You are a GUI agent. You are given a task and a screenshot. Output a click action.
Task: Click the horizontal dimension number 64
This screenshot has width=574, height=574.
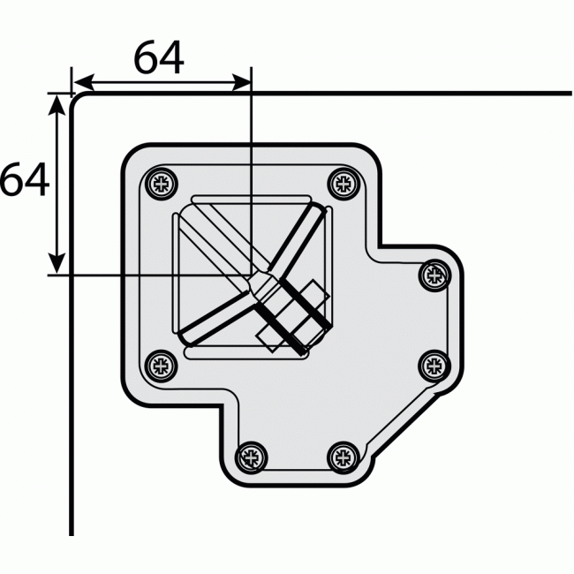click(x=159, y=58)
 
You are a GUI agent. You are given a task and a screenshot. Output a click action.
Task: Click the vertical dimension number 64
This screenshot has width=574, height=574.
click(x=24, y=180)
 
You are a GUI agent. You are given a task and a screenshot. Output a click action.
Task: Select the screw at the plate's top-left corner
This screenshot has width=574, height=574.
click(x=160, y=183)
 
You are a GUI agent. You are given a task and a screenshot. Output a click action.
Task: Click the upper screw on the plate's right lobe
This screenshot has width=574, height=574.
click(x=434, y=274)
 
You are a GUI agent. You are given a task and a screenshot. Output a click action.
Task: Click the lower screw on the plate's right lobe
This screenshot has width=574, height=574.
click(x=434, y=364)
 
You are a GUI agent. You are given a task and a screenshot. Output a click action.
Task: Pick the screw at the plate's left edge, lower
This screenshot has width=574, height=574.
click(x=160, y=364)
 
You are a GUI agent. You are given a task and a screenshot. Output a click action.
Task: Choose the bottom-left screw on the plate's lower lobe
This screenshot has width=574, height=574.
click(x=251, y=456)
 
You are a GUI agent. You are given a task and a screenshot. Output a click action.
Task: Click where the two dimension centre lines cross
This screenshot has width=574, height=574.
click(x=252, y=275)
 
